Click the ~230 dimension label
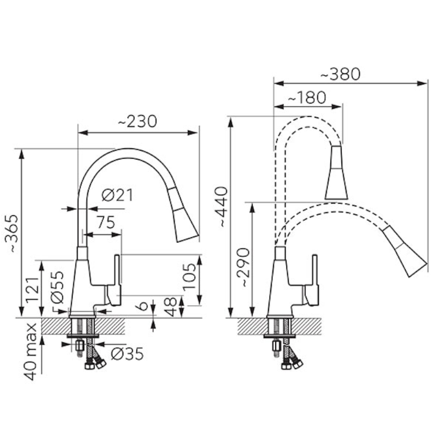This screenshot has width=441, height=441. pos(137,122)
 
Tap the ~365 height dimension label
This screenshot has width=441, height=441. pos(12,233)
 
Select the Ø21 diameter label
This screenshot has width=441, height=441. pos(117,195)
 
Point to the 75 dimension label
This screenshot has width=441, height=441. pos(106,222)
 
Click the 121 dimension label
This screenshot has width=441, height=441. pos(32,289)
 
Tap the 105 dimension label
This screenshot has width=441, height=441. pos(189,277)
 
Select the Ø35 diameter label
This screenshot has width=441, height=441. pos(127,354)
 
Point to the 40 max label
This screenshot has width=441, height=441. pos(30,351)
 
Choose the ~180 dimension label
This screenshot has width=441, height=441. pos(307,97)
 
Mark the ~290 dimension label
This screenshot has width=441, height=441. pos(243,268)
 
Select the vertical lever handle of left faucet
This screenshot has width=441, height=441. pos(117,269)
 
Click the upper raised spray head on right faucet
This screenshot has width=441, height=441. pos(336,172)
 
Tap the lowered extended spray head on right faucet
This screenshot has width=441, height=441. pos(405,250)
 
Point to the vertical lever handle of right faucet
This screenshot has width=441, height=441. pos(315,269)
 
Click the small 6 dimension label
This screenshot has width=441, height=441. pos(143,306)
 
